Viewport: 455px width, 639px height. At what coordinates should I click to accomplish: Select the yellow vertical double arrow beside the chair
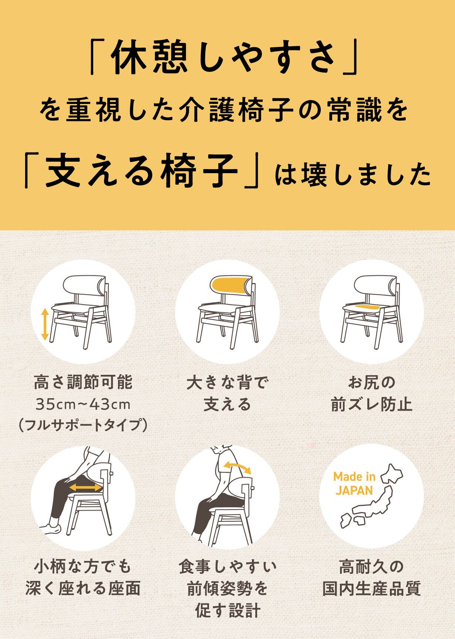[45, 324]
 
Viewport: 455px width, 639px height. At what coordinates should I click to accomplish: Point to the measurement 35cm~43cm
[83, 404]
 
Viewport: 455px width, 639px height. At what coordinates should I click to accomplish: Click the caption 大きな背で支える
[227, 394]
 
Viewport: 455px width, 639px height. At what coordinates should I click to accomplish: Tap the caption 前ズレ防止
[372, 405]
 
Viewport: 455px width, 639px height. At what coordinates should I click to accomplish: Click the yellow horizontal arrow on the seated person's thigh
[85, 488]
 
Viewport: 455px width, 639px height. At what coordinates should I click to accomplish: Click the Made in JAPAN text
[354, 483]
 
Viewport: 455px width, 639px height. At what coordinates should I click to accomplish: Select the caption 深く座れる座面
[83, 589]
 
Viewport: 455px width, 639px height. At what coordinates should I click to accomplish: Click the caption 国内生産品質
[372, 589]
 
